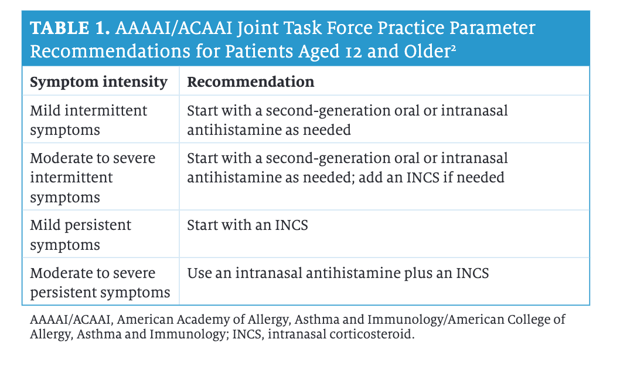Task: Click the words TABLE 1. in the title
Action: [x=70, y=28]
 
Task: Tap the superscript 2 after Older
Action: [x=453, y=48]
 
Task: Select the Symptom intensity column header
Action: [x=99, y=82]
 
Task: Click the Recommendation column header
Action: [x=251, y=82]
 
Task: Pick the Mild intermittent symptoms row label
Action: [x=88, y=120]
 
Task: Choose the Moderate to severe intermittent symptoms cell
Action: [x=93, y=177]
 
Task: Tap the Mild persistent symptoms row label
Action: [x=80, y=235]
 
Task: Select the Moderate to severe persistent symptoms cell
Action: [x=100, y=283]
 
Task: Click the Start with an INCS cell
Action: [x=247, y=225]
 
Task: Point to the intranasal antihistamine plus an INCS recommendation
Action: [x=338, y=273]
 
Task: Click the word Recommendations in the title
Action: [x=110, y=52]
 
